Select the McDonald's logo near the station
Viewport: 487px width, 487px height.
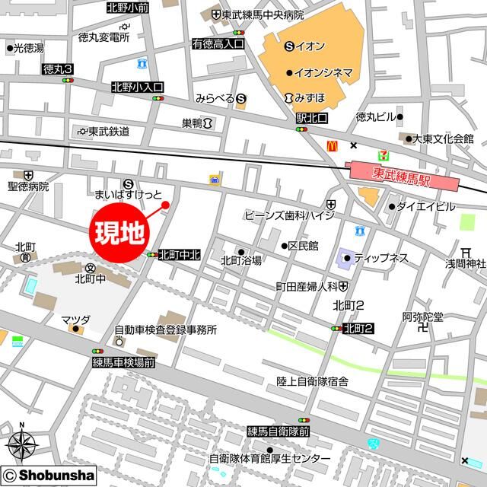[x=332, y=145]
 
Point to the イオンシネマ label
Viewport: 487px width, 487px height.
[x=324, y=72]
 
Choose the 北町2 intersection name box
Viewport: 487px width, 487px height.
[x=358, y=328]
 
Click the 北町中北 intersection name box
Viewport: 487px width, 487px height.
[x=179, y=256]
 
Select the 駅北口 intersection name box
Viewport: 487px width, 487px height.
[x=312, y=119]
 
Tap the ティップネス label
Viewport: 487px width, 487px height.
[x=380, y=258]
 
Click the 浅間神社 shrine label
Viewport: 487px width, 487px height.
[x=465, y=263]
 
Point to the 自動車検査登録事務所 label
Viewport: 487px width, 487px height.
[x=165, y=330]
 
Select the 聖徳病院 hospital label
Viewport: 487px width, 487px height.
[x=28, y=186]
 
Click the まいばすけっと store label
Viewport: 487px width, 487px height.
[x=128, y=195]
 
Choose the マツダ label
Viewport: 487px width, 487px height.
[x=76, y=319]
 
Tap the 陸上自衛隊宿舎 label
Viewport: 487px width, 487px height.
[x=301, y=380]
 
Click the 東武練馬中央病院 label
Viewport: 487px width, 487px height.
[x=263, y=15]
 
